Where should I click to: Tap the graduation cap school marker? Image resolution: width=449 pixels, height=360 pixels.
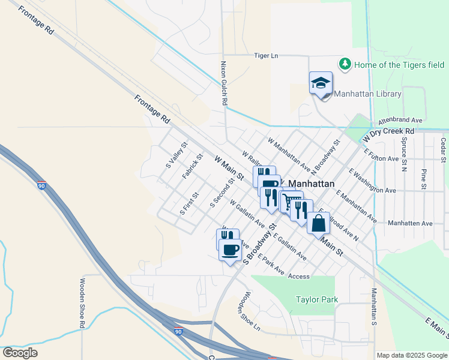pyautogui.click(x=321, y=82)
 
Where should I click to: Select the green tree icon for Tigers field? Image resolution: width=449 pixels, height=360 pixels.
pyautogui.click(x=345, y=64)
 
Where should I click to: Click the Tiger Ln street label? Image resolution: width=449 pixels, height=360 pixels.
pyautogui.click(x=266, y=56)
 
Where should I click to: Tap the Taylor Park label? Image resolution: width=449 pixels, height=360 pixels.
pyautogui.click(x=317, y=299)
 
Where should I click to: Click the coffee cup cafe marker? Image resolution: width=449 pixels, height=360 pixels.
pyautogui.click(x=231, y=249)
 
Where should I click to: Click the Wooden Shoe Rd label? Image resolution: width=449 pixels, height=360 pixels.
pyautogui.click(x=82, y=303)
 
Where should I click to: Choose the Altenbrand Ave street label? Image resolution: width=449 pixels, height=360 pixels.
pyautogui.click(x=400, y=121)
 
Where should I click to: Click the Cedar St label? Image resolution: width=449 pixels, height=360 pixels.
pyautogui.click(x=443, y=150)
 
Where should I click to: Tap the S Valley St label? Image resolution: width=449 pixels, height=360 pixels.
pyautogui.click(x=176, y=154)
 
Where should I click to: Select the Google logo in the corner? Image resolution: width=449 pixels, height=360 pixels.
pyautogui.click(x=20, y=353)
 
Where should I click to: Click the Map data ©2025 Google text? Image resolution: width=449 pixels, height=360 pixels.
pyautogui.click(x=411, y=355)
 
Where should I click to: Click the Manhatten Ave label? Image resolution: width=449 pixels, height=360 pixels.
pyautogui.click(x=410, y=223)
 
